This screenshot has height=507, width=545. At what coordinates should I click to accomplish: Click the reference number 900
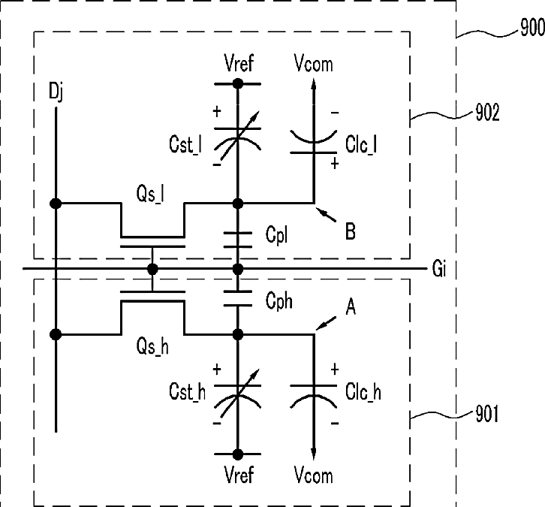pos(532,27)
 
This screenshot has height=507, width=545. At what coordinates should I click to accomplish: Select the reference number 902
pos(487,113)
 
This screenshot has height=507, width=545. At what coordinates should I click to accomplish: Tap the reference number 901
pos(486,414)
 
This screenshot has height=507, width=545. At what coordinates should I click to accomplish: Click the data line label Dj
pos(56,92)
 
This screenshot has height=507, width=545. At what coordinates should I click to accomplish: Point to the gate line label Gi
pos(439,268)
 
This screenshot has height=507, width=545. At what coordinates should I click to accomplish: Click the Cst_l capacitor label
pos(185,145)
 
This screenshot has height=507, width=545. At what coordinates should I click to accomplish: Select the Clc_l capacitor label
pos(361,144)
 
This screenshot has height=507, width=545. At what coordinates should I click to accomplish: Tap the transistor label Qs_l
pos(150,194)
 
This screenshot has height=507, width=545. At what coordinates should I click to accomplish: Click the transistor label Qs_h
pos(152,346)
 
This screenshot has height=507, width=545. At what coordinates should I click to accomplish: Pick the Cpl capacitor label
pos(276,235)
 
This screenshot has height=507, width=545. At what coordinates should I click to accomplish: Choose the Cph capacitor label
pos(279,300)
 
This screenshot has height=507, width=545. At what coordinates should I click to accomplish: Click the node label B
pos(351,231)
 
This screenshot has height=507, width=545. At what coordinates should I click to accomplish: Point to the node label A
pos(351,307)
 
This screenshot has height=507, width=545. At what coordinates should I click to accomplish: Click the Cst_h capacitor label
pos(188,391)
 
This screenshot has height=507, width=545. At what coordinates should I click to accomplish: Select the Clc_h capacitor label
pos(363,392)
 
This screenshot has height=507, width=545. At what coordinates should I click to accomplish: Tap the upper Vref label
pos(239,63)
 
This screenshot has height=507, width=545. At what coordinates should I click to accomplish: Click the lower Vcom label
pos(313,475)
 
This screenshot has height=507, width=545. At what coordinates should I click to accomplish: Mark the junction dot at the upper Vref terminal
pos(238,84)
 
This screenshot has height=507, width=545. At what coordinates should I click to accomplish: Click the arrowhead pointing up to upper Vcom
pos(314,84)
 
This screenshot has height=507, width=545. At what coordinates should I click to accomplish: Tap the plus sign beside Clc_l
pos(335,164)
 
